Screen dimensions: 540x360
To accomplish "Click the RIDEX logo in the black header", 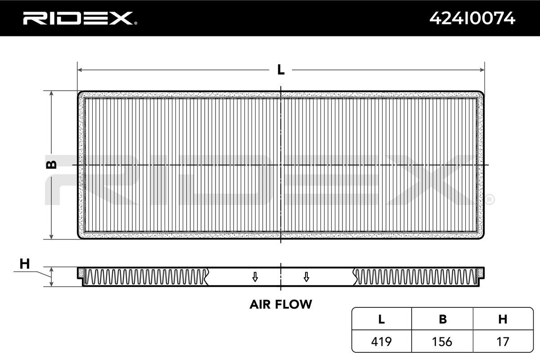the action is point(78,18).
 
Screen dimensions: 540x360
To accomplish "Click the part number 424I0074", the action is point(472,18).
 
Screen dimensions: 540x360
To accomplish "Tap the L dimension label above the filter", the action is point(281,70).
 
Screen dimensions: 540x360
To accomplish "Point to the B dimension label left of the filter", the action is point(51,165).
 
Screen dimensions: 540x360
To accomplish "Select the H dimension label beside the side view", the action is point(25,264).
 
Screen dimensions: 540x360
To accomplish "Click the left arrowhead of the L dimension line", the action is point(80,70).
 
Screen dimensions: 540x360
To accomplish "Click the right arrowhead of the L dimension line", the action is point(482,70).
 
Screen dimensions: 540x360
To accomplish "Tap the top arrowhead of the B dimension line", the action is point(51,94).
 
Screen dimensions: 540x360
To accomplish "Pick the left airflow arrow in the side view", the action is point(255,277).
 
